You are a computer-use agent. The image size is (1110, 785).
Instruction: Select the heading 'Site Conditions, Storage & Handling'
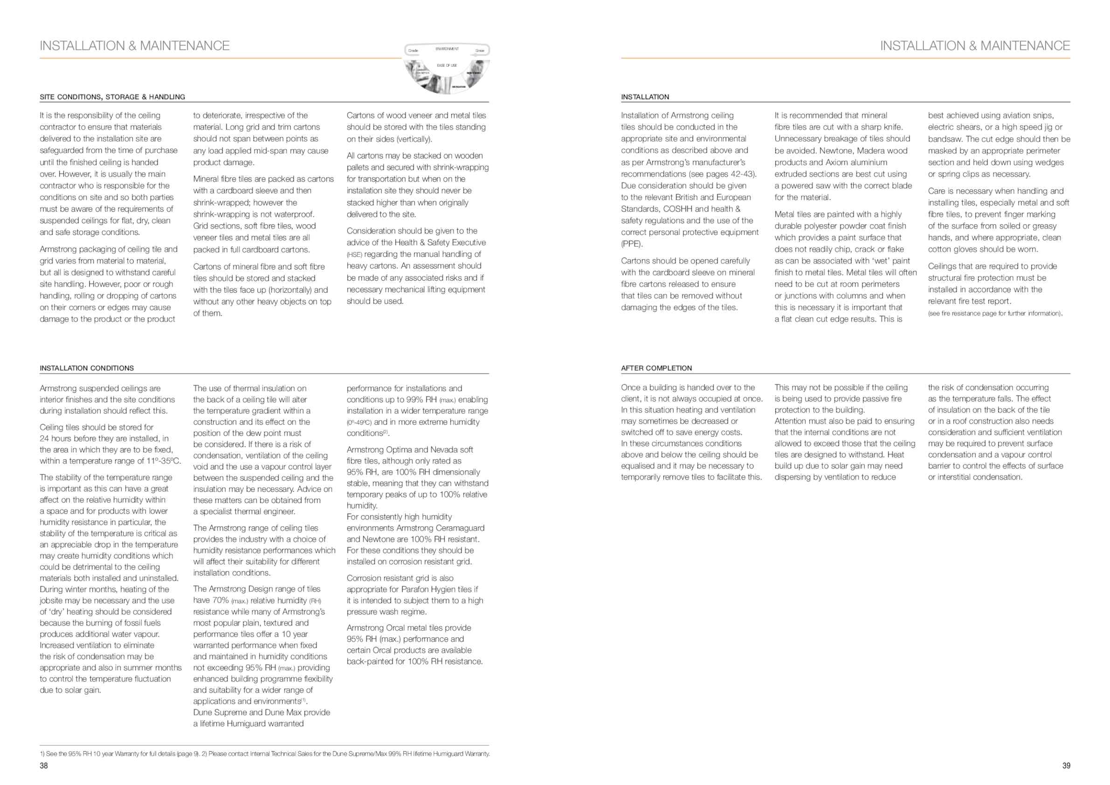click(112, 97)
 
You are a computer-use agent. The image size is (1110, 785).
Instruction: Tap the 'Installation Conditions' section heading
click(87, 368)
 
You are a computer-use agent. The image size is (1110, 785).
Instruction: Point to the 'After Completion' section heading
click(656, 368)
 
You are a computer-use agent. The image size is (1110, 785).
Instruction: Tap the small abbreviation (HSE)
click(354, 255)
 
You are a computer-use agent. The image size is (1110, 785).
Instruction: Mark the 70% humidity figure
click(221, 600)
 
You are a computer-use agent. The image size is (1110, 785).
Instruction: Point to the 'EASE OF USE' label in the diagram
click(447, 65)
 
